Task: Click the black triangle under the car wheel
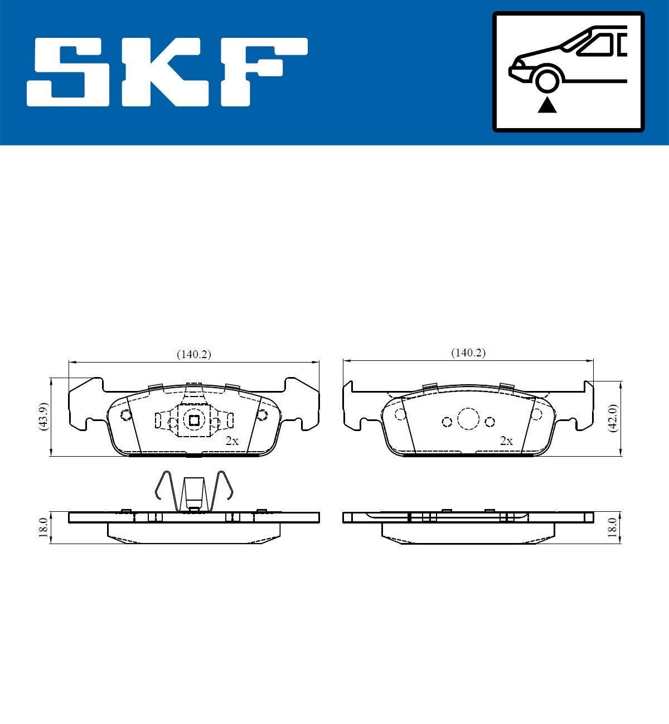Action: (x=547, y=104)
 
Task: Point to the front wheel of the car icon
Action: (x=547, y=79)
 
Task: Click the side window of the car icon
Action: (x=599, y=45)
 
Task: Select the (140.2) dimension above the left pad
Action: (x=193, y=354)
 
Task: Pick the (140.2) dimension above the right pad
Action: (x=468, y=353)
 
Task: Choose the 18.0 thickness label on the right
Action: (x=613, y=526)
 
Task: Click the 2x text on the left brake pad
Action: (x=231, y=441)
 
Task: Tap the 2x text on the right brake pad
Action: (x=506, y=441)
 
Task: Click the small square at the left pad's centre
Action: (x=193, y=420)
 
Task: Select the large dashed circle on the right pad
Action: (x=468, y=418)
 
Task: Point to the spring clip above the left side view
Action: (x=193, y=490)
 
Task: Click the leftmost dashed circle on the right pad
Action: (x=400, y=414)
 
